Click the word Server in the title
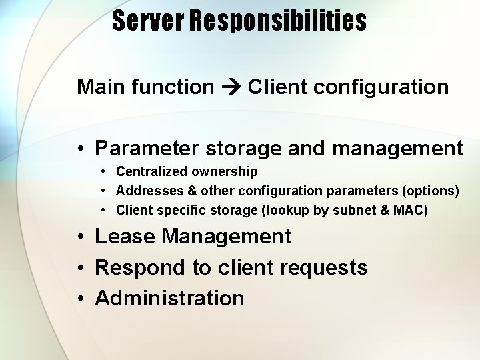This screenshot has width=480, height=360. coord(148,21)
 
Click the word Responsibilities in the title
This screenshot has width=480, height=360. coord(278,21)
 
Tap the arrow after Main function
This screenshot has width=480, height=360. coord(231,87)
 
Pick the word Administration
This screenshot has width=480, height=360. coord(170,298)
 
